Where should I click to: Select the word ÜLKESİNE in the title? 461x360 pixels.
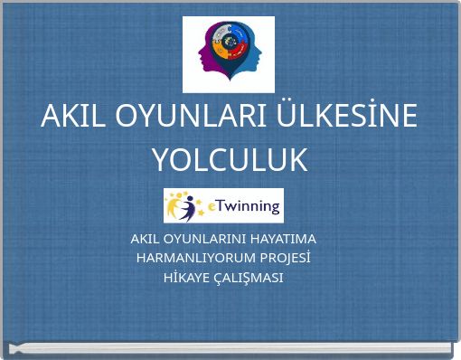click(352, 117)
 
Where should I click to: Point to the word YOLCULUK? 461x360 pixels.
click(230, 160)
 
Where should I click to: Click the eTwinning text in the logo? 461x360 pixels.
click(245, 206)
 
